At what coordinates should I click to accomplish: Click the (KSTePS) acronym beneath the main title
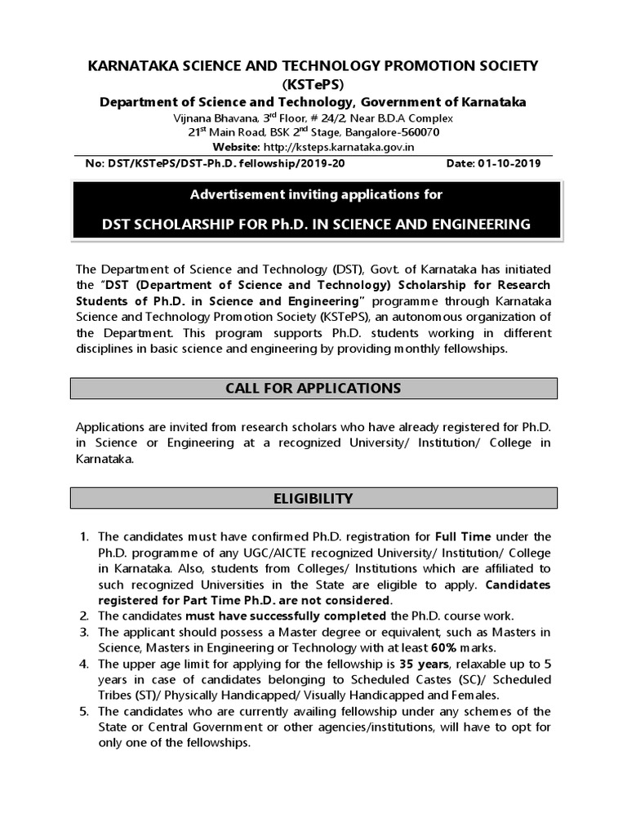coord(313,84)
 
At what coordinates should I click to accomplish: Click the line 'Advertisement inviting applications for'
coord(316,194)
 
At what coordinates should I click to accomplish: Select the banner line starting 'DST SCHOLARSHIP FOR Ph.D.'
coord(316,224)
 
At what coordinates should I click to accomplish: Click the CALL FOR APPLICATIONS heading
coord(313,388)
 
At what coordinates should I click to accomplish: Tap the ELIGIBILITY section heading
coord(313,498)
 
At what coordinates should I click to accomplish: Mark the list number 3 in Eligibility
coord(84,632)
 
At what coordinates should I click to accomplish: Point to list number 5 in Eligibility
coord(84,712)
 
